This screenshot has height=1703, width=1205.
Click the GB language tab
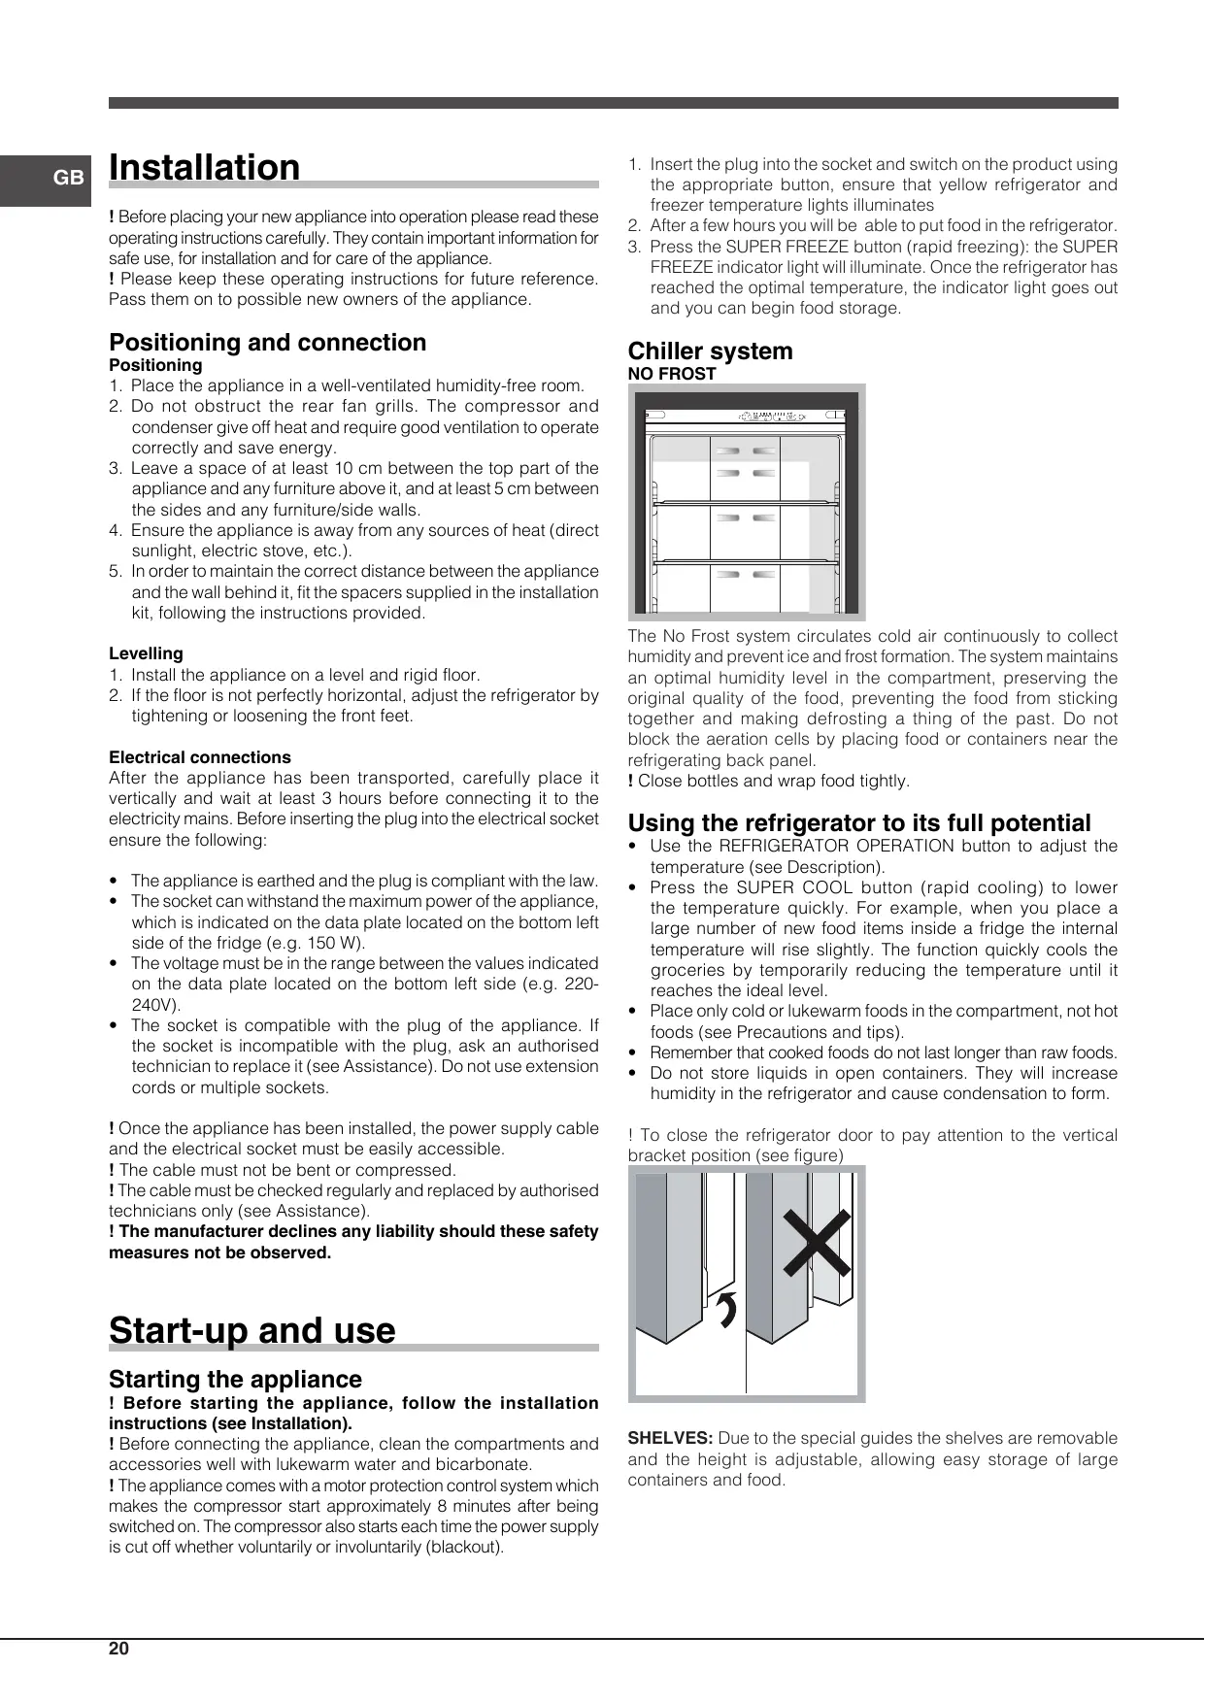click(x=68, y=179)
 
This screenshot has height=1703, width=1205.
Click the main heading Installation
click(x=205, y=168)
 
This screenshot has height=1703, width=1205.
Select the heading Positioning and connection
click(x=267, y=343)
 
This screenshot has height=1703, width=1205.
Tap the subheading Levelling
click(x=146, y=653)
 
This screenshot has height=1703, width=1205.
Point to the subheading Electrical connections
click(x=200, y=757)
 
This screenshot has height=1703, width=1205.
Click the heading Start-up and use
click(x=252, y=1330)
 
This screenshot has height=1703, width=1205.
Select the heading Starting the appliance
click(x=235, y=1379)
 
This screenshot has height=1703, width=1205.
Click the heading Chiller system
click(x=710, y=351)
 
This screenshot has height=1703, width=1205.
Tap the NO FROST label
click(x=672, y=374)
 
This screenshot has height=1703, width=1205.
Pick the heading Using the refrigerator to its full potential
click(x=859, y=823)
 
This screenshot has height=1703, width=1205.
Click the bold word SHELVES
click(x=670, y=1438)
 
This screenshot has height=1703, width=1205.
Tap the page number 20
click(x=118, y=1649)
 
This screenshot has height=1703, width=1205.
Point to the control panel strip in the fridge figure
click(x=746, y=417)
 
